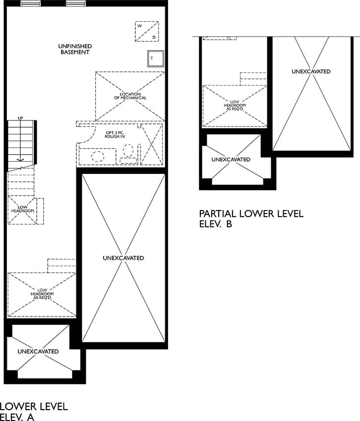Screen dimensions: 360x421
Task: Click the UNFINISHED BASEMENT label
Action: coord(75,49)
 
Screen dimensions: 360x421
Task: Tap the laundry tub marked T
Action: coord(155,58)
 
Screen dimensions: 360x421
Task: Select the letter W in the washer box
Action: coord(139,26)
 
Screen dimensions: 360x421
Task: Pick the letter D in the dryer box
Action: coord(154,37)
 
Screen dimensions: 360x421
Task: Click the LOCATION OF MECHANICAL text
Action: coord(130,96)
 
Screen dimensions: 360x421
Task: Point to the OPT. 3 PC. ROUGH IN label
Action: coord(115,135)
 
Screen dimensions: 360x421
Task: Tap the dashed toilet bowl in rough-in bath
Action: coord(128,151)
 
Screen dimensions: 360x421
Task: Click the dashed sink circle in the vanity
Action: coord(98,157)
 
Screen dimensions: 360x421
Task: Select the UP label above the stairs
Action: coord(20,118)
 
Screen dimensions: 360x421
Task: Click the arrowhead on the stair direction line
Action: coord(20,160)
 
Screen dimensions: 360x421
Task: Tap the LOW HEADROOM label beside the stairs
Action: coord(23,209)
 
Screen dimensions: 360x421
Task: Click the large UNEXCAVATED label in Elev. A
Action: coord(123,258)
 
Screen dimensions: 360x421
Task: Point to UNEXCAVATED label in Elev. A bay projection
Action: coord(38,352)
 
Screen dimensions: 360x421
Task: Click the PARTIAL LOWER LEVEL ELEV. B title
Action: coord(251,219)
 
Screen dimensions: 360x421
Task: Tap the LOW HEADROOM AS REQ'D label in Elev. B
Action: coord(235,105)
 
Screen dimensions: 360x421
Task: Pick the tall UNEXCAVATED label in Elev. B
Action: coord(311,71)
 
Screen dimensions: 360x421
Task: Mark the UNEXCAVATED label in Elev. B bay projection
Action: coord(231,159)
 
